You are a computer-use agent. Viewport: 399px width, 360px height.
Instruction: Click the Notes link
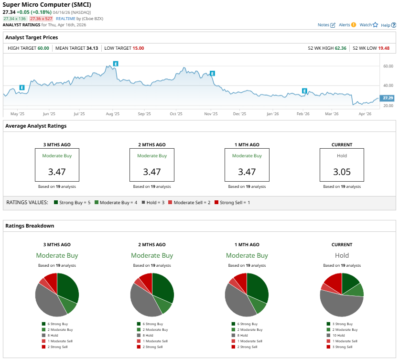click(x=326, y=25)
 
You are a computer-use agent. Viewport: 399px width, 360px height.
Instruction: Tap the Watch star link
click(x=368, y=25)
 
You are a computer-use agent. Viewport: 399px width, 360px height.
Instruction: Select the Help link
click(x=388, y=25)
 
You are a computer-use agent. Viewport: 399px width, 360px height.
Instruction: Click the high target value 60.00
click(x=43, y=48)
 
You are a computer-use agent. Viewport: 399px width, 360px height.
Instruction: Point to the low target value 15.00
click(x=138, y=48)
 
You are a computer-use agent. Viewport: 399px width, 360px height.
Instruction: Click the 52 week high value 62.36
click(x=340, y=48)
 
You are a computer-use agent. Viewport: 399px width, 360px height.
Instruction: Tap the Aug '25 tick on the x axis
click(x=112, y=114)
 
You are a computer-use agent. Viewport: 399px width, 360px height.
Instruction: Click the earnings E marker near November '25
click(x=212, y=73)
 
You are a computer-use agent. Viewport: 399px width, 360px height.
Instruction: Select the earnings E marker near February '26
click(x=304, y=91)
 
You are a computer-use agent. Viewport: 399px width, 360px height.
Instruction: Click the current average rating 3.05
click(x=342, y=172)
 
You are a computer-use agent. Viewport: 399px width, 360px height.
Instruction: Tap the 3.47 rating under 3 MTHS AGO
click(x=57, y=172)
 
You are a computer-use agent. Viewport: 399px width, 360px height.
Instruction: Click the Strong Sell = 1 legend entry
click(x=232, y=203)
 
